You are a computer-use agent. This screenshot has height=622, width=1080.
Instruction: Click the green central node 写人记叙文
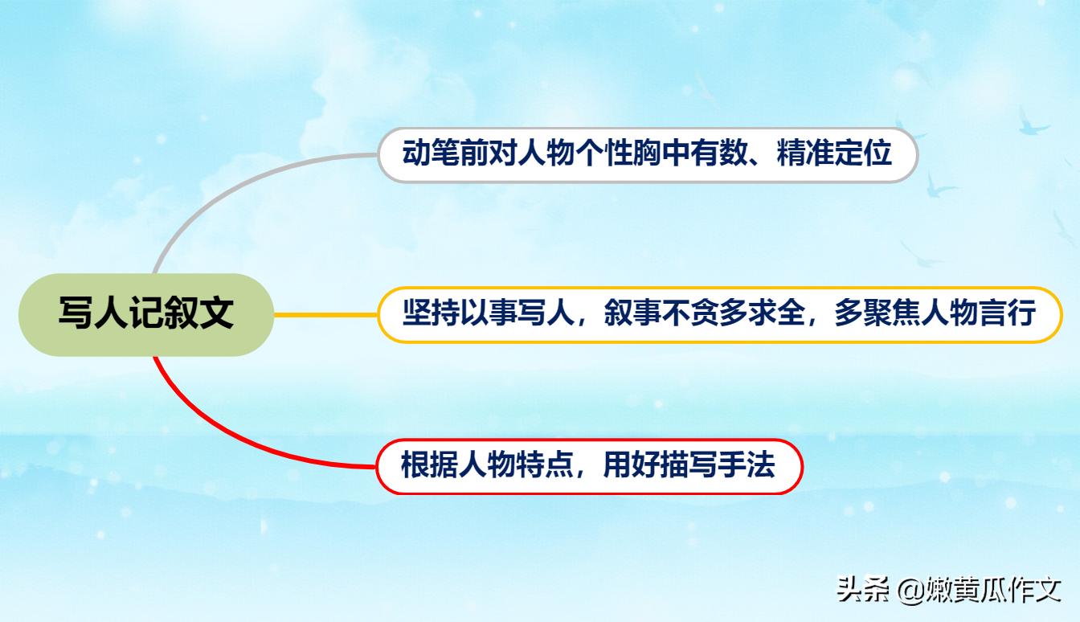click(x=145, y=314)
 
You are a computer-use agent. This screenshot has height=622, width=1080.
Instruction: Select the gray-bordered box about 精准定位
click(x=648, y=154)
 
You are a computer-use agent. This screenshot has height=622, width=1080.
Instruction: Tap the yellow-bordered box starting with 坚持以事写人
click(x=720, y=314)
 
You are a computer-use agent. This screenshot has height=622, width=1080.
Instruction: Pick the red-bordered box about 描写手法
click(x=589, y=466)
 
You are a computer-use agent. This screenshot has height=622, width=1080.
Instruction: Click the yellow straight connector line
click(x=325, y=314)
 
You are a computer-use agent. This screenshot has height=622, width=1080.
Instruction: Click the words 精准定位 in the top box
click(x=834, y=153)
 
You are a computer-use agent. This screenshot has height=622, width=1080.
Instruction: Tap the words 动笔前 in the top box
click(x=431, y=153)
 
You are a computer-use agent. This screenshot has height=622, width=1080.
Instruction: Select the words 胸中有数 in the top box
click(x=662, y=153)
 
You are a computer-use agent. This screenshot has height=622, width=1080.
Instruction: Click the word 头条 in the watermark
click(x=863, y=589)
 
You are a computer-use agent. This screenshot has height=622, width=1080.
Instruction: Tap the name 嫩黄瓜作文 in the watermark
click(x=993, y=589)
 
